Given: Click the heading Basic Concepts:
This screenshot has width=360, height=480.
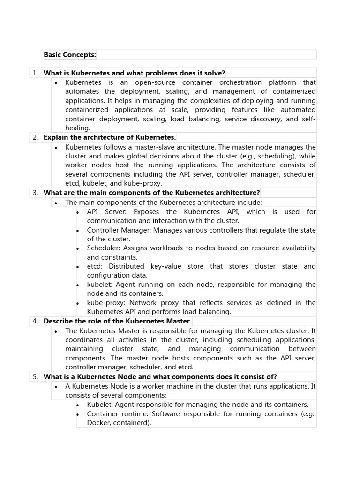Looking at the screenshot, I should [69, 55].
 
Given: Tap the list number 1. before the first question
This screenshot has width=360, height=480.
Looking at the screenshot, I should [35, 73].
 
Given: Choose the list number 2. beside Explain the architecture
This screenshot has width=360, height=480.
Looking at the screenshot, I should [35, 137].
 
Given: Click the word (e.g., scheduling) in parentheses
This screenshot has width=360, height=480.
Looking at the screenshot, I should [268, 156].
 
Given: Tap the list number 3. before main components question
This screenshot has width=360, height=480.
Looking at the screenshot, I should [35, 193].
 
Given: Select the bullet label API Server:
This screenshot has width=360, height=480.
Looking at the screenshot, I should [104, 212].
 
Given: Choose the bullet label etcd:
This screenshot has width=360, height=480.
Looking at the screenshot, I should [96, 266].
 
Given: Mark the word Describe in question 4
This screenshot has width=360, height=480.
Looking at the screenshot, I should [58, 321].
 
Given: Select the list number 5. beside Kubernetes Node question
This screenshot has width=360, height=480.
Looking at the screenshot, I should [35, 377].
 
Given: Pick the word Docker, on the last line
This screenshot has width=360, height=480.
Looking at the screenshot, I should [98, 423].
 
